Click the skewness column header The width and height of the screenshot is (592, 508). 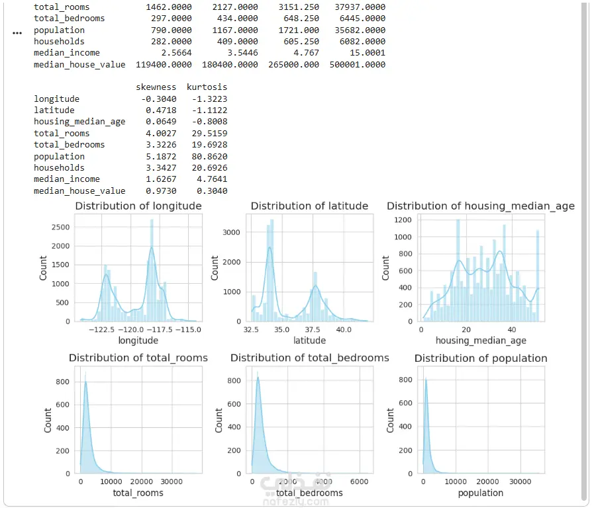(156, 87)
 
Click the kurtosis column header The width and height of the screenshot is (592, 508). (207, 87)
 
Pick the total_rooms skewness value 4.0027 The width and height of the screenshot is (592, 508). (161, 134)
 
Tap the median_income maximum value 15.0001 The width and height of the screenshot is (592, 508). (368, 53)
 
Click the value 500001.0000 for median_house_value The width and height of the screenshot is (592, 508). (358, 64)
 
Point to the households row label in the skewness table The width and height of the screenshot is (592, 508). (60, 168)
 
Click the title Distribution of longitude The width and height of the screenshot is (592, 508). (138, 206)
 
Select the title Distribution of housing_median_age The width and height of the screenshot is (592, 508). (481, 206)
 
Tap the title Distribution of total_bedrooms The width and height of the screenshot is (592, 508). (310, 358)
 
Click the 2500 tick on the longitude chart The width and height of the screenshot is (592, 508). (61, 228)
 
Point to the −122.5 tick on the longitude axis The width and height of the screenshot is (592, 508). (101, 329)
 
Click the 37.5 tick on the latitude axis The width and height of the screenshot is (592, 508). (313, 329)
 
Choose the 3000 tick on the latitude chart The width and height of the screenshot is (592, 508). (232, 232)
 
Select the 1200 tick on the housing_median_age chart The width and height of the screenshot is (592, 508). (403, 220)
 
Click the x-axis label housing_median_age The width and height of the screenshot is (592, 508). (481, 341)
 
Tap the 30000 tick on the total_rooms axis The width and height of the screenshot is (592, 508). (172, 482)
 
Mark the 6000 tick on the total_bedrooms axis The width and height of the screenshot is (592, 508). (359, 482)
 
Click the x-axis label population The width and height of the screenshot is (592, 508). (481, 493)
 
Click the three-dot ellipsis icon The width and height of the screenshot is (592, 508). (17, 33)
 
